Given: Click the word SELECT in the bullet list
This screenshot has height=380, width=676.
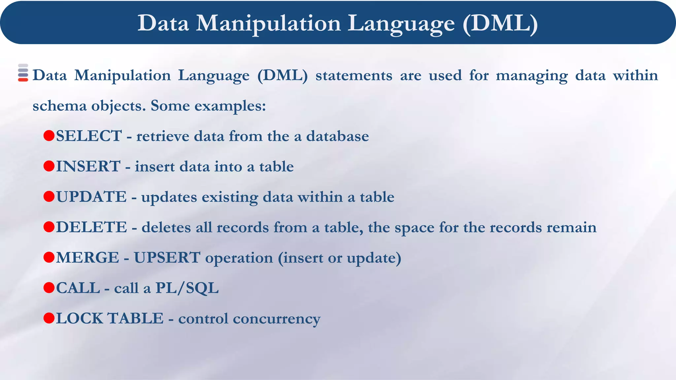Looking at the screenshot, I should [x=89, y=136].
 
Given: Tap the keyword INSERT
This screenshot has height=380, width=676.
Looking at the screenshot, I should [x=88, y=166].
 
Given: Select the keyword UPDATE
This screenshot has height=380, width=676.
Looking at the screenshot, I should [x=91, y=197].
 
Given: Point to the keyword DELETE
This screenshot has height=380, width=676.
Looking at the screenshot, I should [x=91, y=227].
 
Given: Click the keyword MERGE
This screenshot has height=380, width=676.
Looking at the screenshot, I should [x=87, y=258].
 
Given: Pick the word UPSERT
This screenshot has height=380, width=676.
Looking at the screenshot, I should [x=167, y=258].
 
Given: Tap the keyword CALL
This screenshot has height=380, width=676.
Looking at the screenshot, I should [x=78, y=288].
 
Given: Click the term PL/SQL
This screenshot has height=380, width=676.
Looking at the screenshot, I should [x=187, y=288].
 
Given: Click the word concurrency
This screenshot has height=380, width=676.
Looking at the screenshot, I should [x=277, y=319].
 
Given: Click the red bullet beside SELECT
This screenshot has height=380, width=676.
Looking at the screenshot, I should [x=49, y=136].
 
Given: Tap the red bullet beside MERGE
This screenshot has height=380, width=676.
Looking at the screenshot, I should [x=49, y=257].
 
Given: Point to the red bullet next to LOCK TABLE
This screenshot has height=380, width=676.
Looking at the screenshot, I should [x=49, y=318].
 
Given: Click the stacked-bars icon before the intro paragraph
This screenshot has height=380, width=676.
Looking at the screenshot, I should [x=23, y=73].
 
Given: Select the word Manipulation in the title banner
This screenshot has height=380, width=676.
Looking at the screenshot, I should [x=268, y=23].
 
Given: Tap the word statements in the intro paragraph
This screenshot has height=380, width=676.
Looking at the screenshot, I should [x=354, y=76].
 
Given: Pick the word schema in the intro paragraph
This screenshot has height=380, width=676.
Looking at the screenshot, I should [x=59, y=106].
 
